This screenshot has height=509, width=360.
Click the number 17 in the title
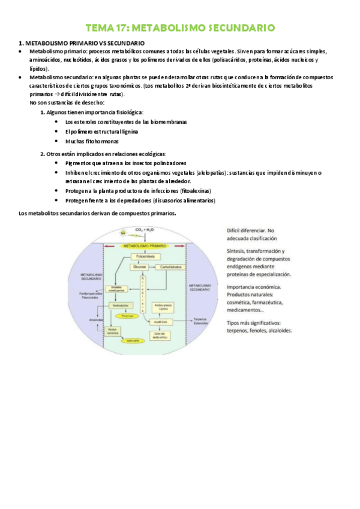click(x=118, y=28)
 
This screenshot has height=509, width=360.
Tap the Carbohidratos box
click(x=170, y=267)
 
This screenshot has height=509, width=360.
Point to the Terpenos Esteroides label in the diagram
click(x=200, y=322)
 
